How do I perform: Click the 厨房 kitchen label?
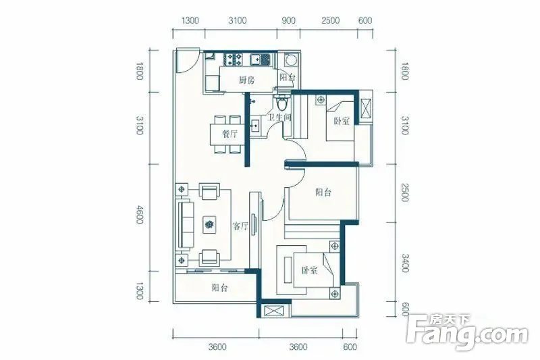(246, 80)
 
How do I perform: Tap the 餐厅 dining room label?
(230, 134)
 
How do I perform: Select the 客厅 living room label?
(240, 226)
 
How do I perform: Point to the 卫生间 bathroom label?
(279, 117)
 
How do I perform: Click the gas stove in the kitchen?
(234, 59)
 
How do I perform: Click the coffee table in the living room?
(209, 225)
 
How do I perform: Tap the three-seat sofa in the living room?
(185, 224)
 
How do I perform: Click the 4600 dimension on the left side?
(140, 214)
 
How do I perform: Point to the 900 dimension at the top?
(289, 20)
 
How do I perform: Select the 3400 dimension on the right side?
(406, 263)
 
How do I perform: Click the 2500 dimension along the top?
(331, 20)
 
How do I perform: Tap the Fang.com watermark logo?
(467, 332)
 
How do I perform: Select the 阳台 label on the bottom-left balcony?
(220, 287)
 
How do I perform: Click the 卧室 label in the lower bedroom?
(309, 270)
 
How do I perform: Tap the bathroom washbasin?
(255, 126)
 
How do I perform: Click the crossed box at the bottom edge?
(275, 311)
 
